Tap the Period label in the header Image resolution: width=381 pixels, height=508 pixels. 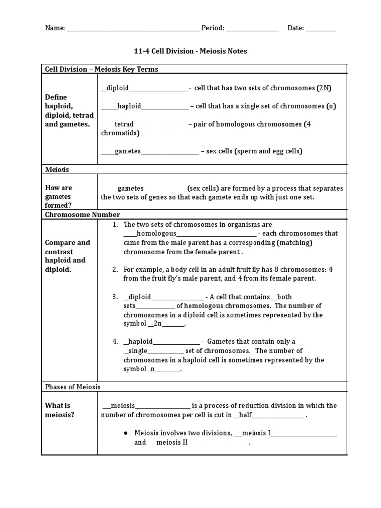click(213, 28)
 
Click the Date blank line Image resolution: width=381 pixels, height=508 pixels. click(321, 29)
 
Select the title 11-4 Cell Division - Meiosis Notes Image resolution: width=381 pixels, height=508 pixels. click(190, 51)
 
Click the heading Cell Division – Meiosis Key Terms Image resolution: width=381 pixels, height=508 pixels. click(102, 69)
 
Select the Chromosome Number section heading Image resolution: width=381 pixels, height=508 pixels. click(82, 215)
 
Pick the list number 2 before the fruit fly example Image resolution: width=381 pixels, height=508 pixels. click(115, 269)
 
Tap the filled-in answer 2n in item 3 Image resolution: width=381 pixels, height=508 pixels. click(158, 324)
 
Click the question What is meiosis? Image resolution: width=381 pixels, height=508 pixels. click(60, 410)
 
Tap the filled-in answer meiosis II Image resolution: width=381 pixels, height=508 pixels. click(171, 442)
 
